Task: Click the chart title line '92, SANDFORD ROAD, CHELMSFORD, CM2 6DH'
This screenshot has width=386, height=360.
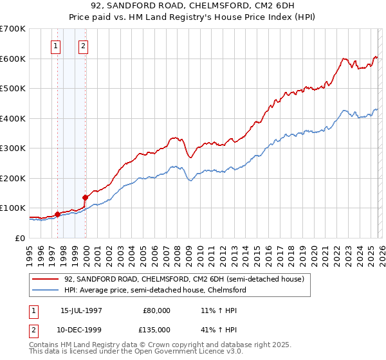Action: pyautogui.click(x=192, y=7)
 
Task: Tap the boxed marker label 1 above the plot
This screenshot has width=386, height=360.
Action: pyautogui.click(x=57, y=46)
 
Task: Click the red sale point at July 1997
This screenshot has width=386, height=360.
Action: pyautogui.click(x=57, y=214)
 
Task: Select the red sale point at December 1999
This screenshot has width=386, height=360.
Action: pyautogui.click(x=85, y=197)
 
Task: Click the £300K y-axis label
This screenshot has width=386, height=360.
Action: pyautogui.click(x=13, y=148)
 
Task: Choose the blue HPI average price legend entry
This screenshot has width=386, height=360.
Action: pyautogui.click(x=155, y=291)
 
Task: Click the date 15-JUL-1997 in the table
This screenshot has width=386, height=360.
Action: pyautogui.click(x=81, y=310)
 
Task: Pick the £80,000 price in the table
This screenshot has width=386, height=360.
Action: pyautogui.click(x=158, y=310)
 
